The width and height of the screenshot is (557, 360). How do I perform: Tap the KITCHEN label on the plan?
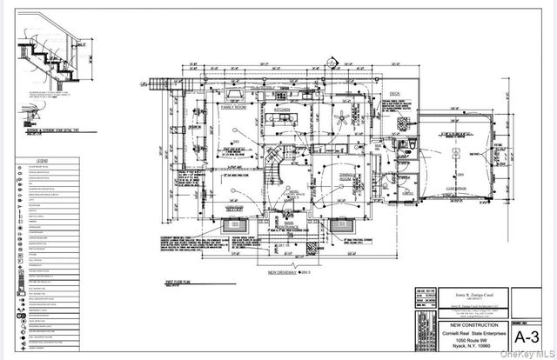click(281, 110)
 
